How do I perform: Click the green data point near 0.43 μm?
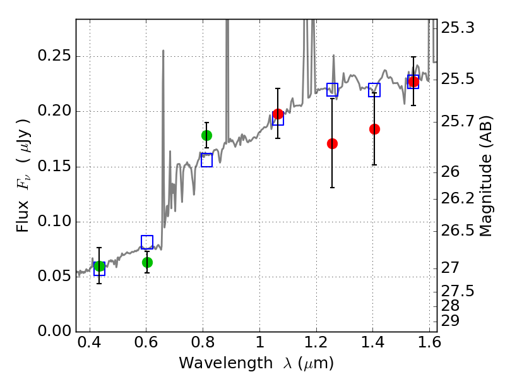[x=99, y=266]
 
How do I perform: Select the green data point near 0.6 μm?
[x=147, y=262]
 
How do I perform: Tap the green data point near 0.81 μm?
[x=206, y=135]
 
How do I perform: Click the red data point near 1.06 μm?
[x=278, y=114]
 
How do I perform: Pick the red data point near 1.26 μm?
[x=332, y=143]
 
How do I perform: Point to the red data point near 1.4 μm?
[x=374, y=129]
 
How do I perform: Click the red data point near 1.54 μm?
[x=413, y=81]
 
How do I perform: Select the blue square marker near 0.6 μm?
[x=147, y=242]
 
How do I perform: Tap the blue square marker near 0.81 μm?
[x=206, y=160]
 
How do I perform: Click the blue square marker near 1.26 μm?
[x=332, y=90]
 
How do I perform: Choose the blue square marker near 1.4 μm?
[x=374, y=90]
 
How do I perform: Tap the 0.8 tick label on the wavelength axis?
[x=203, y=345]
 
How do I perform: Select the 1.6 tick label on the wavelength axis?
[x=429, y=345]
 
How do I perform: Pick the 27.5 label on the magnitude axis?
[x=458, y=291]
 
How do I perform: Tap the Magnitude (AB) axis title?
[x=486, y=177]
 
